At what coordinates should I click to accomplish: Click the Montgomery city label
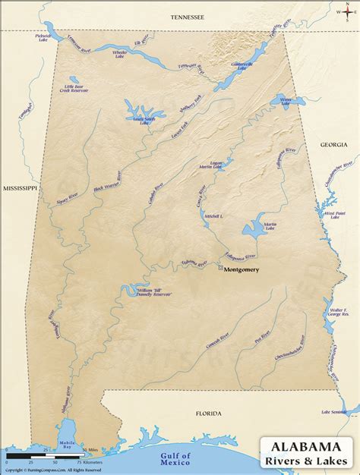click(242, 269)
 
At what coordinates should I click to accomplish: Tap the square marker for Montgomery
click(220, 269)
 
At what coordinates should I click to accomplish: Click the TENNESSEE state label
click(188, 16)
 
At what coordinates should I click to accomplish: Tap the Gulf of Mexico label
click(171, 456)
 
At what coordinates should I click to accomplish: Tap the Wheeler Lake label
click(120, 53)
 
